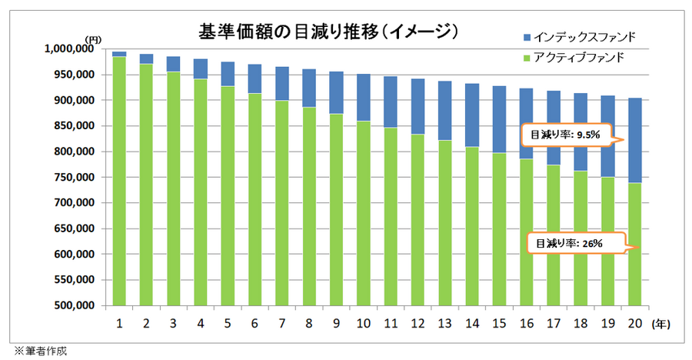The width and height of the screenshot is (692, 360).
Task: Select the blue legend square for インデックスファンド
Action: (x=526, y=37)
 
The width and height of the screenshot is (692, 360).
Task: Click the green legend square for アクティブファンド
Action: (x=526, y=58)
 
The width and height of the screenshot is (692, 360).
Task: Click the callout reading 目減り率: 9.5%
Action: (x=567, y=135)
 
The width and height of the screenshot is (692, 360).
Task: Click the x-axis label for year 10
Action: (x=364, y=323)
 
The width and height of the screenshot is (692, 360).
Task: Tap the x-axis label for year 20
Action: (x=635, y=323)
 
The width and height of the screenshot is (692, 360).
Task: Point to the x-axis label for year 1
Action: (x=119, y=323)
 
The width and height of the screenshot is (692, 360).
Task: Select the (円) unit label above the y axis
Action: (x=92, y=38)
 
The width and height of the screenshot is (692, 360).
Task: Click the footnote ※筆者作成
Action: (x=38, y=351)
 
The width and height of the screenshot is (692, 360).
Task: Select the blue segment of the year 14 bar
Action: (x=472, y=115)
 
